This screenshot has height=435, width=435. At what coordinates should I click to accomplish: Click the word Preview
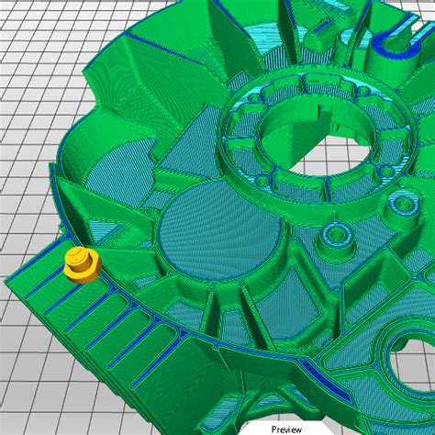[286, 428]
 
